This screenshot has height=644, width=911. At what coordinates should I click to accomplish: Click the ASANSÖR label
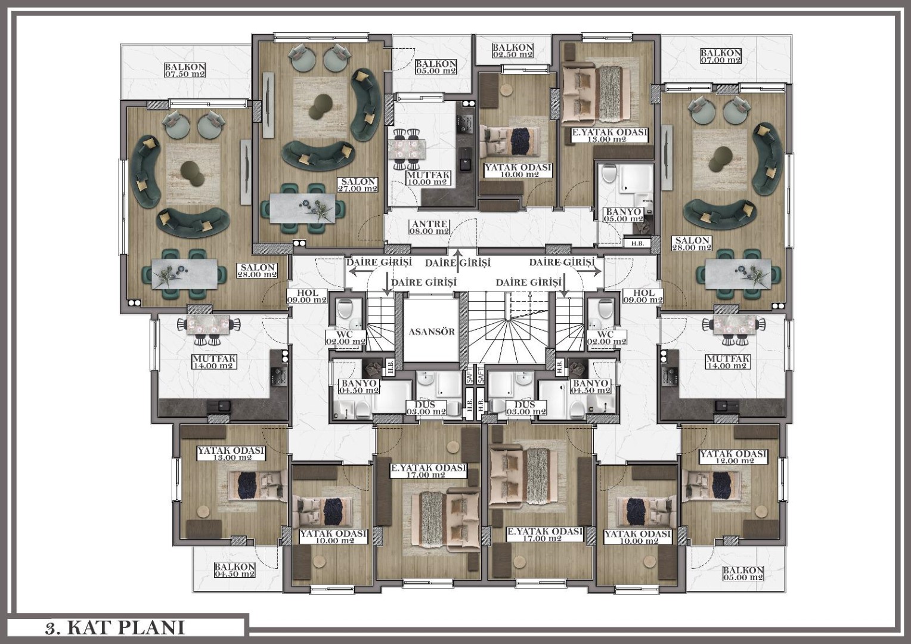point(432,332)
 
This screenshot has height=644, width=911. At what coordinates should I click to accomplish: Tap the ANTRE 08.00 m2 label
point(430,227)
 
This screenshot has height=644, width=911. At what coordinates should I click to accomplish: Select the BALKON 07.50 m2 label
point(185,70)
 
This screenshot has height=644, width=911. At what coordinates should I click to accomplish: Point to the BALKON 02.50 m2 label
point(513,51)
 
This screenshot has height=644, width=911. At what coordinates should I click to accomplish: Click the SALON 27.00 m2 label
point(358,185)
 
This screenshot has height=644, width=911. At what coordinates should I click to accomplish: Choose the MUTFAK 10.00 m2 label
point(428,178)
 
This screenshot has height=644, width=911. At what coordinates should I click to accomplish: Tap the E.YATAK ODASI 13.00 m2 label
point(609,135)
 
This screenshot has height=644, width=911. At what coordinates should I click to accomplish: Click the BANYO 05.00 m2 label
point(624,215)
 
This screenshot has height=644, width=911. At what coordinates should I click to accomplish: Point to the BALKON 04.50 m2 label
point(235,570)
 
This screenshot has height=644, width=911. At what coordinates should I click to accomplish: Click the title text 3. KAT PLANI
point(115,628)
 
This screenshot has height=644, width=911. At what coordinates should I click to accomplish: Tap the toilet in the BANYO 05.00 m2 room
point(609,174)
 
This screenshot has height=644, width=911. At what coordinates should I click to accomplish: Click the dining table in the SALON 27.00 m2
point(302,208)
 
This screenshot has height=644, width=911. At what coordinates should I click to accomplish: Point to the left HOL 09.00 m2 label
point(307,296)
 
